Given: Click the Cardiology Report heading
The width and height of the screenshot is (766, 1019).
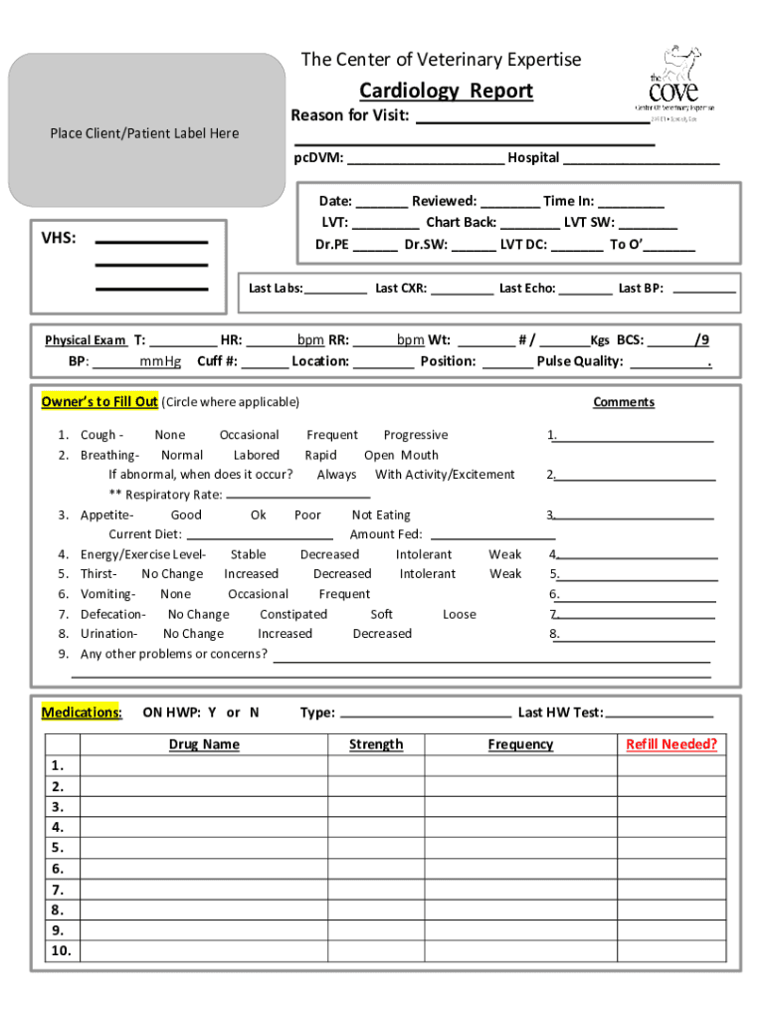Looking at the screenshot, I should (446, 91).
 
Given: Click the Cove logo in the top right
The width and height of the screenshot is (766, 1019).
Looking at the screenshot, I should (674, 79).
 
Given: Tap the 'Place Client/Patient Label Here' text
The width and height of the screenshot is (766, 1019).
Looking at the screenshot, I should (145, 133).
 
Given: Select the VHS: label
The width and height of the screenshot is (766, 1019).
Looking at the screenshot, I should (59, 239).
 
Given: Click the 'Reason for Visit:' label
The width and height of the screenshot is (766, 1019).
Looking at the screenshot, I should (350, 115).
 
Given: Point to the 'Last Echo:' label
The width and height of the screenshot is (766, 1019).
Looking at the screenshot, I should (527, 289).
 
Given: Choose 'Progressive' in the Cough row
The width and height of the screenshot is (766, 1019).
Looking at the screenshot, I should (416, 435).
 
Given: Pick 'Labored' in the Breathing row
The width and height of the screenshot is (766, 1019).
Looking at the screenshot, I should (256, 455).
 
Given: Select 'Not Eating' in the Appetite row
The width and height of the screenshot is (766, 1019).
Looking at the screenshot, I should (381, 514).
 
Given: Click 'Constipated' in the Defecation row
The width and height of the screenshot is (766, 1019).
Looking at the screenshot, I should (292, 614).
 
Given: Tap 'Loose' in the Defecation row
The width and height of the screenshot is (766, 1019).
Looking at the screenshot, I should (459, 614).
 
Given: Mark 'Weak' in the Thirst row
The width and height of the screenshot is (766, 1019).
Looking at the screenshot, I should (505, 574).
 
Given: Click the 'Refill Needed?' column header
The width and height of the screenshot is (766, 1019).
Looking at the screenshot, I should (671, 744).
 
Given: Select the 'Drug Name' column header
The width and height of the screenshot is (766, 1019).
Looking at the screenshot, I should (204, 744).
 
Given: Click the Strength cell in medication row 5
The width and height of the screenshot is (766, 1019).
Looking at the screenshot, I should (376, 848).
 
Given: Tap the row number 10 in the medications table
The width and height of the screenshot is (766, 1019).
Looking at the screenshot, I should (62, 951).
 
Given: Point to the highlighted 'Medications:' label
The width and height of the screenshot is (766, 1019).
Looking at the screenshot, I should (82, 713).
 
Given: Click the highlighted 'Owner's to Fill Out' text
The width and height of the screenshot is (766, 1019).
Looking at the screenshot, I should (99, 402).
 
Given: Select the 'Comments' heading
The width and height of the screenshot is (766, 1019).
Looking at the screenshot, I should (624, 402).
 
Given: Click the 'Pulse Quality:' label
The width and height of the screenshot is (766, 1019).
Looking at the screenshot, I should (580, 361).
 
